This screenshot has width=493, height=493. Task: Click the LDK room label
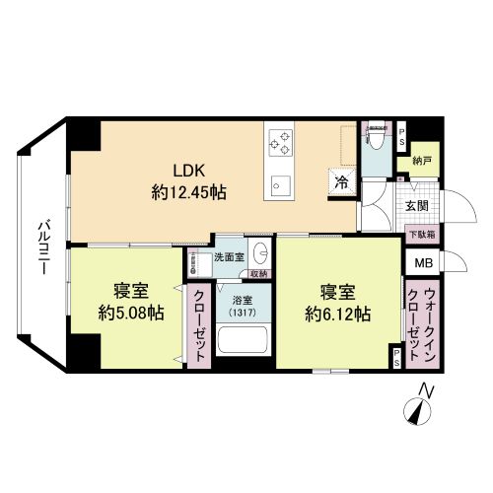tap(189, 171)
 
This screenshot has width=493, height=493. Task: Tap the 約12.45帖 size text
tap(189, 192)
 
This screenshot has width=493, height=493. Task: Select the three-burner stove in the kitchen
tap(281, 143)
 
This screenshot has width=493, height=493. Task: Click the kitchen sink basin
tap(281, 185)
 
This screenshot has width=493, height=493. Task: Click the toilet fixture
tap(377, 135)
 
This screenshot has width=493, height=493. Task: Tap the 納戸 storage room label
tap(422, 161)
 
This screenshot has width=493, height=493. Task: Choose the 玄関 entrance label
tap(417, 206)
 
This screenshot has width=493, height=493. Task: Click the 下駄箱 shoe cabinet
tap(422, 235)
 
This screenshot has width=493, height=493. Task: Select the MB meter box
tap(423, 262)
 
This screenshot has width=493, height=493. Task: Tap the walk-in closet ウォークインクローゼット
tap(422, 323)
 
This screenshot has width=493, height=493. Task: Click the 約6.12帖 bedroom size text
tap(338, 315)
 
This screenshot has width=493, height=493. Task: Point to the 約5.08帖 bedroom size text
tap(131, 313)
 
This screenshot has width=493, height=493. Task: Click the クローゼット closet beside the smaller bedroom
tap(199, 325)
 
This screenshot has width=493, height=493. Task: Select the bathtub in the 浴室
tap(244, 339)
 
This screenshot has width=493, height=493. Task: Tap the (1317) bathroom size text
tap(243, 312)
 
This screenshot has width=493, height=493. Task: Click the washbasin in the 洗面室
tap(261, 253)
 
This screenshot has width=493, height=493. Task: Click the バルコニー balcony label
tap(43, 247)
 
